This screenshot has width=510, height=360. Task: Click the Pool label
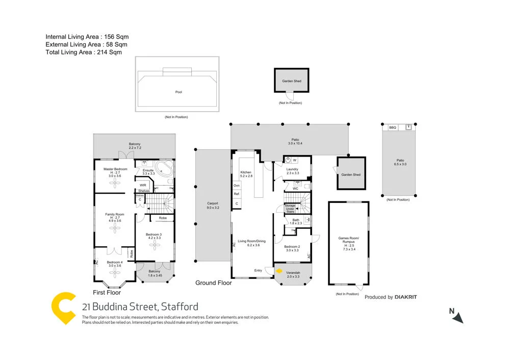pos(178,92)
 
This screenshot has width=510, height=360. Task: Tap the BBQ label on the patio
pos(392,127)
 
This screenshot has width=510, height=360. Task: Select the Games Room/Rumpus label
pos(349,241)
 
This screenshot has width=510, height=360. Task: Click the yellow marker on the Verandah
pos(279,271)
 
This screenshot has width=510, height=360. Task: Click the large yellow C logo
pos(64,307)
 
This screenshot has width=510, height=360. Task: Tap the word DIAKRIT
pos(406,297)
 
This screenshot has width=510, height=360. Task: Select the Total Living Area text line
pos(84,52)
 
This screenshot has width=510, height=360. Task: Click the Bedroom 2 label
pos(292,248)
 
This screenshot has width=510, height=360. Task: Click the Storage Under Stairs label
pos(290,209)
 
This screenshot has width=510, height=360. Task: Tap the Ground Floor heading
pos(214,283)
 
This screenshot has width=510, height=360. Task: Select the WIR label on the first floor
pos(143,185)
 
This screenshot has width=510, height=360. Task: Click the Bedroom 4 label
pos(114,264)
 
